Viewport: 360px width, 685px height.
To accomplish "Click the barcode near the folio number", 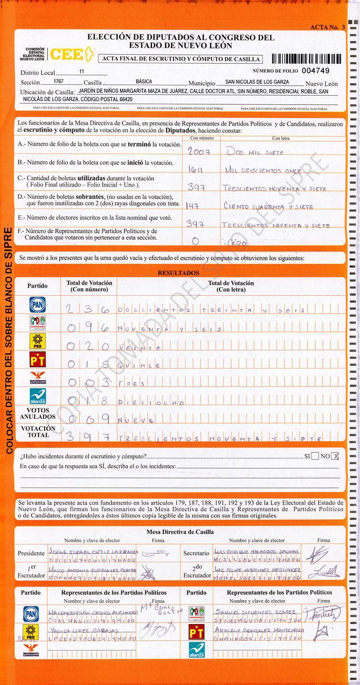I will point(307,59).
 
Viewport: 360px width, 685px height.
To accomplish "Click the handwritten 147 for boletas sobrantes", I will point(193,206).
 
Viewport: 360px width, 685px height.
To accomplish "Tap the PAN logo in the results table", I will point(37,305).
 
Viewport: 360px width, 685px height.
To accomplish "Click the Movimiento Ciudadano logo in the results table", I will point(37,378).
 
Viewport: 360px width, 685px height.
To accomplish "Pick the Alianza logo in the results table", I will point(37,396).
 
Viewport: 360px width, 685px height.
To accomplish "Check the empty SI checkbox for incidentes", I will point(315,456).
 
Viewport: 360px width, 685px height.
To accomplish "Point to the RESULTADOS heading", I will point(179,273).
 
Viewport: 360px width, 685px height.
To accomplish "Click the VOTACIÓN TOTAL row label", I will point(38,431).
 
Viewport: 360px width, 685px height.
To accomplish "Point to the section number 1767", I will point(59,81).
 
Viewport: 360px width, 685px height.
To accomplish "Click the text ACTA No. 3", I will point(327,27).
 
